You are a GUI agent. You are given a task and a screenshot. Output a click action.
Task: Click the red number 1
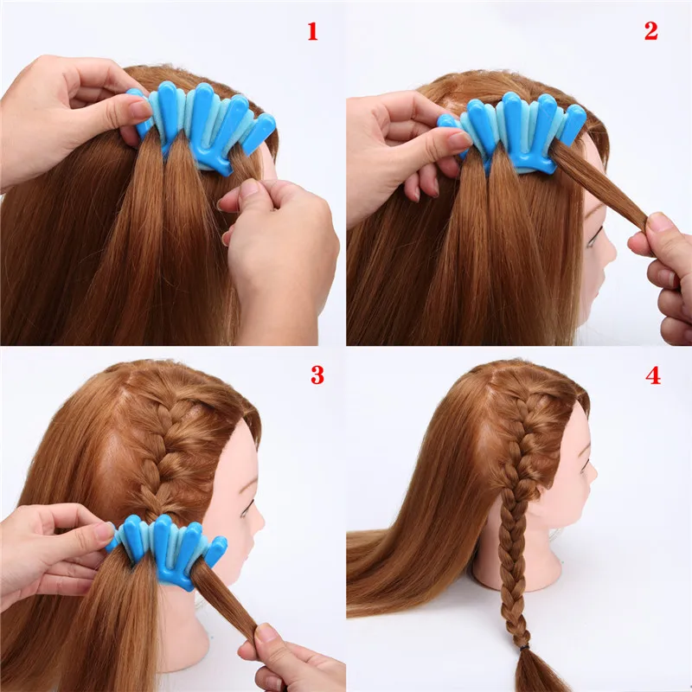point(312,32)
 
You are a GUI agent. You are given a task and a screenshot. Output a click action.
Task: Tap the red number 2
point(650,32)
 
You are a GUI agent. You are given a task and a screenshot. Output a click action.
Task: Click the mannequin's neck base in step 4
point(519,567)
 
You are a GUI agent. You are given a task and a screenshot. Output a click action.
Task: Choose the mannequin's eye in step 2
point(597,227)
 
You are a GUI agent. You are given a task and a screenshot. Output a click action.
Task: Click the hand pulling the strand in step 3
point(290,662)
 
